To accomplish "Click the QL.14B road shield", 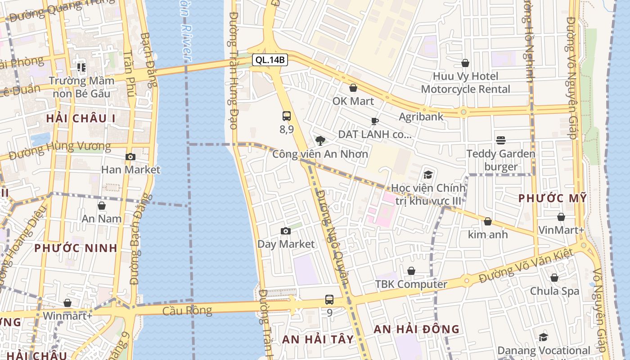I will pyautogui.click(x=269, y=59).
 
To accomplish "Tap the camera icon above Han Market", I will pyautogui.click(x=130, y=157).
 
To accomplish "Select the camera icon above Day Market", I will pyautogui.click(x=285, y=231).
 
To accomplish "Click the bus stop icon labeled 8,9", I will pyautogui.click(x=287, y=116).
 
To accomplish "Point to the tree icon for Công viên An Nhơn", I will pyautogui.click(x=320, y=141).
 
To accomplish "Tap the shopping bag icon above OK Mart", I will pyautogui.click(x=353, y=88).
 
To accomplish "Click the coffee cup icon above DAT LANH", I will pyautogui.click(x=374, y=121).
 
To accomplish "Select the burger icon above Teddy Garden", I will pyautogui.click(x=501, y=140).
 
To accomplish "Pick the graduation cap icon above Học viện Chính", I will pyautogui.click(x=428, y=174).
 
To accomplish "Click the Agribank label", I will pyautogui.click(x=421, y=117).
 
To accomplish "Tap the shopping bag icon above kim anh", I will pyautogui.click(x=488, y=221).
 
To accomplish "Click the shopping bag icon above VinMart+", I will pyautogui.click(x=561, y=217).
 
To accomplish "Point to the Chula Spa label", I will pyautogui.click(x=554, y=291).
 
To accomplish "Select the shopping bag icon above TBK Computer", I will pyautogui.click(x=411, y=271).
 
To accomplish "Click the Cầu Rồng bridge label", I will pyautogui.click(x=187, y=310).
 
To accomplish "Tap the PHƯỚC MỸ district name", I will pyautogui.click(x=553, y=198).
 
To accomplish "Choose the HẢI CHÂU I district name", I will pyautogui.click(x=81, y=118).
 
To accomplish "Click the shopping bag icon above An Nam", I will pyautogui.click(x=102, y=206).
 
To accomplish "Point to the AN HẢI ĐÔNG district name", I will pyautogui.click(x=417, y=329).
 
